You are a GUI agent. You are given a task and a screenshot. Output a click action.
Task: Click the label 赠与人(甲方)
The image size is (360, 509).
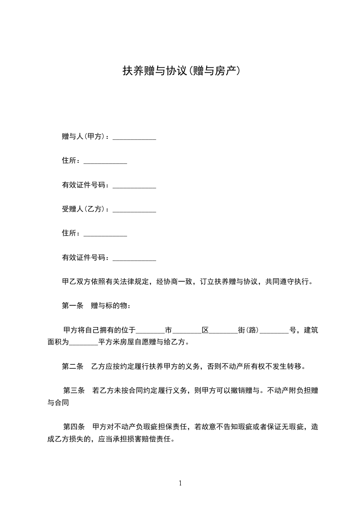84,136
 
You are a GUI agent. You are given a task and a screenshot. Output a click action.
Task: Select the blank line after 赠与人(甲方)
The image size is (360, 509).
134,137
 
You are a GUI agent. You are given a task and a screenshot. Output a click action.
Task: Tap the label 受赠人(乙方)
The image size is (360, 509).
84,209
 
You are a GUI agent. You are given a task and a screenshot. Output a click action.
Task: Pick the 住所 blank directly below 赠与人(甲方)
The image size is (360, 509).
105,162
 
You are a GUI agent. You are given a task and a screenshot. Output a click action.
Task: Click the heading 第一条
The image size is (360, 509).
73,306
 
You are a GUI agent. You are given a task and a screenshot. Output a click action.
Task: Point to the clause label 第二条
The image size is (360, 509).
73,366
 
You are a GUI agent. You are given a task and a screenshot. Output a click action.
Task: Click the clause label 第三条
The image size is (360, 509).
74,390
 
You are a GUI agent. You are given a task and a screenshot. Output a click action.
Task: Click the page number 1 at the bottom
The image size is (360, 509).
180,483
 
